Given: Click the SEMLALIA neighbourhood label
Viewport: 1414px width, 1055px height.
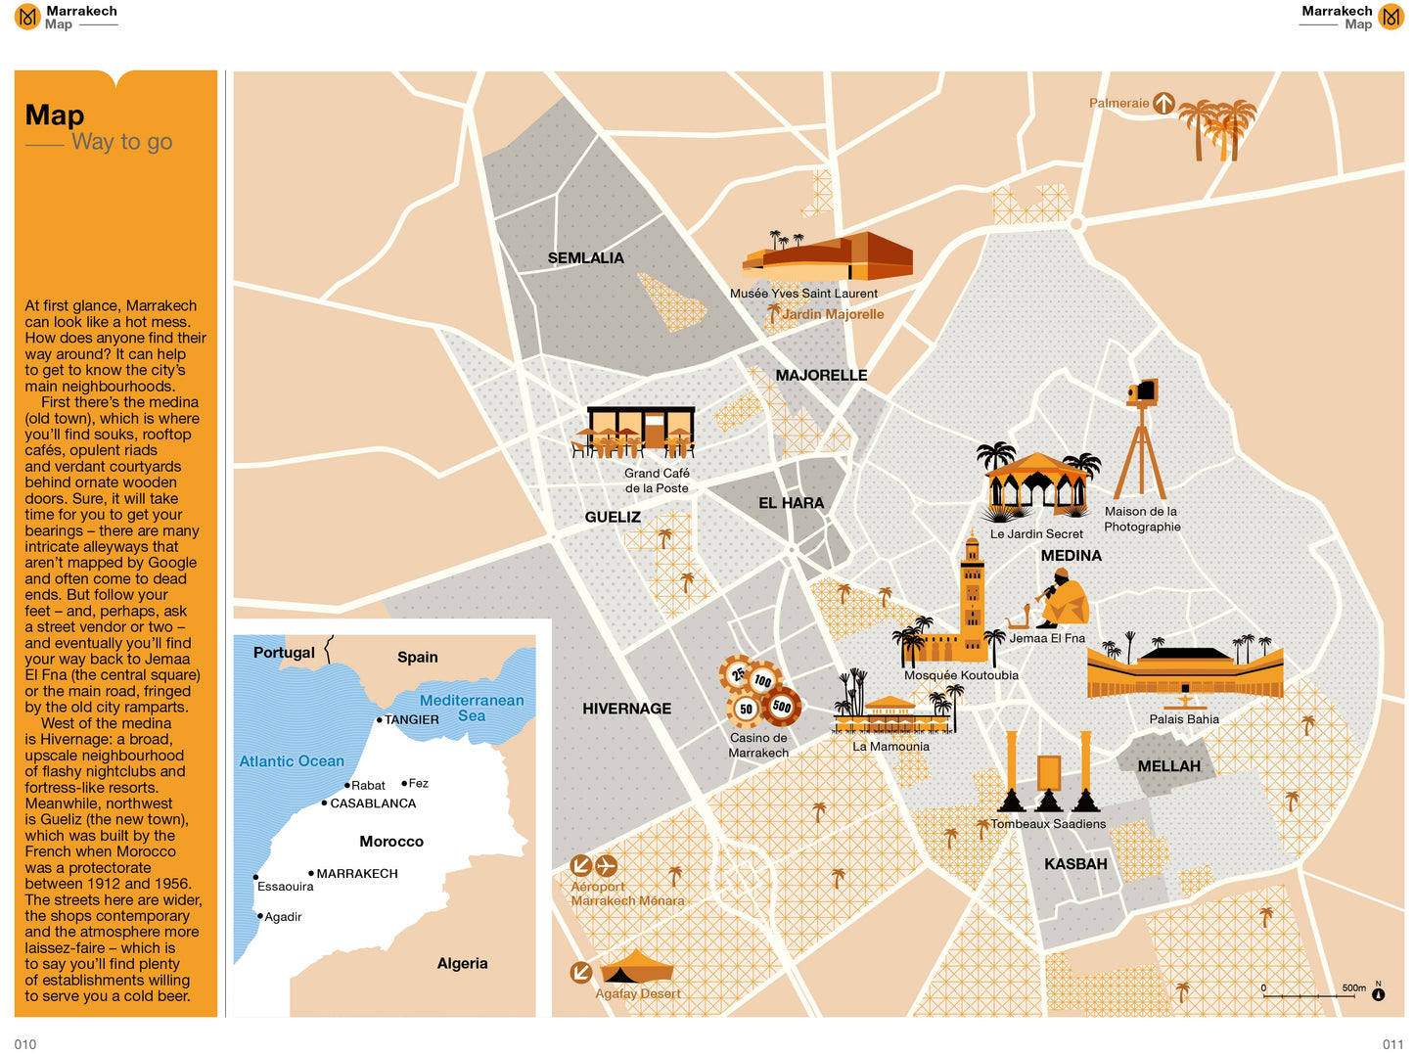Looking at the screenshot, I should pyautogui.click(x=585, y=258).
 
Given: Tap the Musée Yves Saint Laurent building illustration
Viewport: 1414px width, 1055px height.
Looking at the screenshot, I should pyautogui.click(x=832, y=256).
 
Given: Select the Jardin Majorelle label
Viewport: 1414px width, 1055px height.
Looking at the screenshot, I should pyautogui.click(x=832, y=314).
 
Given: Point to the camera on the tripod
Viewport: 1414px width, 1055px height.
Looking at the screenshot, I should pyautogui.click(x=1142, y=393).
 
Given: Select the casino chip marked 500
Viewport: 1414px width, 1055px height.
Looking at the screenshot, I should pyautogui.click(x=782, y=706).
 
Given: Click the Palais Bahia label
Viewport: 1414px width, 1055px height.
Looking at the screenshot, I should pyautogui.click(x=1184, y=719).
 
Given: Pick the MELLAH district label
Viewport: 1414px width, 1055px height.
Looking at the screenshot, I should pyautogui.click(x=1168, y=766).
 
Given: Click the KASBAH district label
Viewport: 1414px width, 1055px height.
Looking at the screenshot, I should pyautogui.click(x=1075, y=864).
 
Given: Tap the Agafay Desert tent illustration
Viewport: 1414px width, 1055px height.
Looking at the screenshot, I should pyautogui.click(x=637, y=968).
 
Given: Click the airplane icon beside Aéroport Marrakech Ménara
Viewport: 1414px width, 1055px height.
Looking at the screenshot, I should pyautogui.click(x=607, y=865).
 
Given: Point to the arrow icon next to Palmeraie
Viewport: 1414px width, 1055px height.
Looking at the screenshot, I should pyautogui.click(x=1163, y=103).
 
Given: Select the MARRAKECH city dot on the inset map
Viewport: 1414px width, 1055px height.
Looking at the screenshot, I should pyautogui.click(x=311, y=873).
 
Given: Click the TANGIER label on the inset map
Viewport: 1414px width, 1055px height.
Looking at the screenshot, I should pyautogui.click(x=411, y=719).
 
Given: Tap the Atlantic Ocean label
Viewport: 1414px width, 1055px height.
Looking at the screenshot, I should pyautogui.click(x=292, y=761).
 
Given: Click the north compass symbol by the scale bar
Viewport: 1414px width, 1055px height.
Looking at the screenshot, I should pyautogui.click(x=1378, y=994).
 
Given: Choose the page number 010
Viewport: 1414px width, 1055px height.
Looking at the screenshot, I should pyautogui.click(x=25, y=1044).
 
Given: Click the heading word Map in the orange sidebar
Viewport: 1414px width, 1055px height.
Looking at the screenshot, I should pyautogui.click(x=55, y=115).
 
